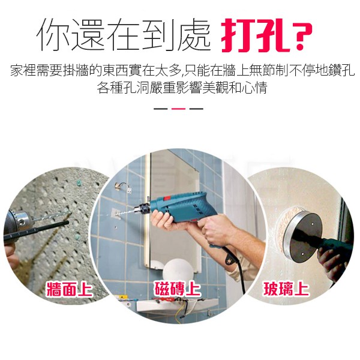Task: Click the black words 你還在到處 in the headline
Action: [x=123, y=35]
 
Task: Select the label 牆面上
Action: [x=70, y=289]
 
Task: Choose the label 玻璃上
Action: [x=286, y=289]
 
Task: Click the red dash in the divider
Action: [x=178, y=109]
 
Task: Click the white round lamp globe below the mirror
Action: [x=179, y=271]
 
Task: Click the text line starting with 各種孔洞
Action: [x=182, y=88]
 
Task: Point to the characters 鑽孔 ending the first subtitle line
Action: [x=341, y=70]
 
